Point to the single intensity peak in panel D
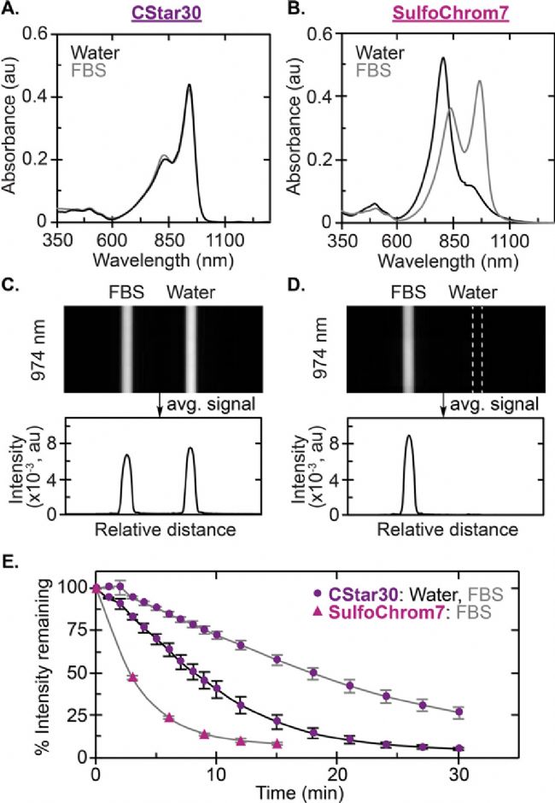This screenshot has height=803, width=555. click(x=409, y=437)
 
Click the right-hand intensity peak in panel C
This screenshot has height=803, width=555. click(x=190, y=449)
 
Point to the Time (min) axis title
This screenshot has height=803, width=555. click(x=280, y=793)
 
